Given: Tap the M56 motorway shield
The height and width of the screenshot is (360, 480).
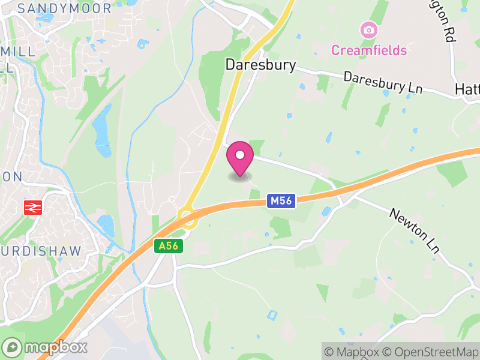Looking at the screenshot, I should pos(281,201).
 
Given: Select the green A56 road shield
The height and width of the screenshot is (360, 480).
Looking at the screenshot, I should pos(167,245).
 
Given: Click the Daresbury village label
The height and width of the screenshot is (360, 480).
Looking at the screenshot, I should pos(260,65).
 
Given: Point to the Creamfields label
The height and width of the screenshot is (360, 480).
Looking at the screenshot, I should pos(368,50).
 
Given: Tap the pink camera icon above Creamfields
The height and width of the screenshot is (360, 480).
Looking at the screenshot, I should pos(368,29).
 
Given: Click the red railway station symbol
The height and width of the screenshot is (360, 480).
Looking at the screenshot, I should pos(31,208).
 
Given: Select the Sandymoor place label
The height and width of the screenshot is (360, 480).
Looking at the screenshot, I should pos(65,8).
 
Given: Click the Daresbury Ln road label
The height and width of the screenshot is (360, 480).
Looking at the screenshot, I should pos(383,82).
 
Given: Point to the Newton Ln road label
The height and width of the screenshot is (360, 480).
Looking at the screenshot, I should pos(414,230).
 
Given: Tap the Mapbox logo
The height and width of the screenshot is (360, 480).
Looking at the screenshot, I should pos(46,347).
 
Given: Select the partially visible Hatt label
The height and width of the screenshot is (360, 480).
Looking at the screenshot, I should pos(467,89).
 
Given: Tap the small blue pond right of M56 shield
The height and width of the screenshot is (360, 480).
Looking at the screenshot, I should pos(326,211).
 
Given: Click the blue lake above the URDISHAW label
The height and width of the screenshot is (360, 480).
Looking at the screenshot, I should pos(106,226).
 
